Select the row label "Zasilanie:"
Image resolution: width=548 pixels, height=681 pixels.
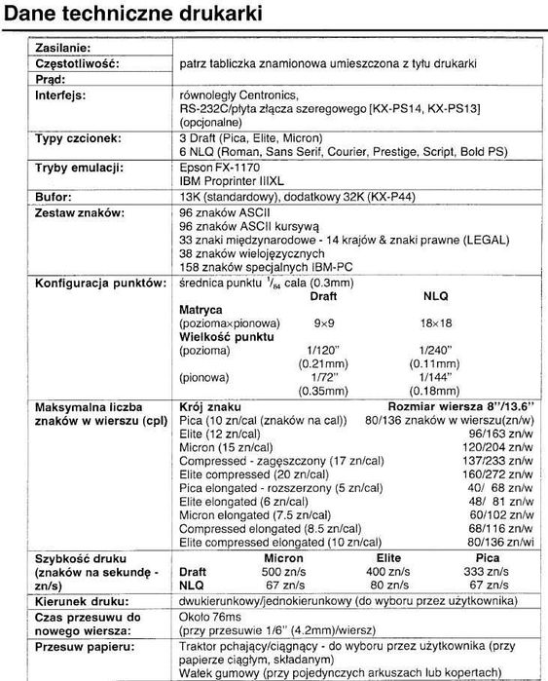click(64, 48)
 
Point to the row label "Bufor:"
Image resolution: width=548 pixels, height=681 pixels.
click(55, 196)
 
